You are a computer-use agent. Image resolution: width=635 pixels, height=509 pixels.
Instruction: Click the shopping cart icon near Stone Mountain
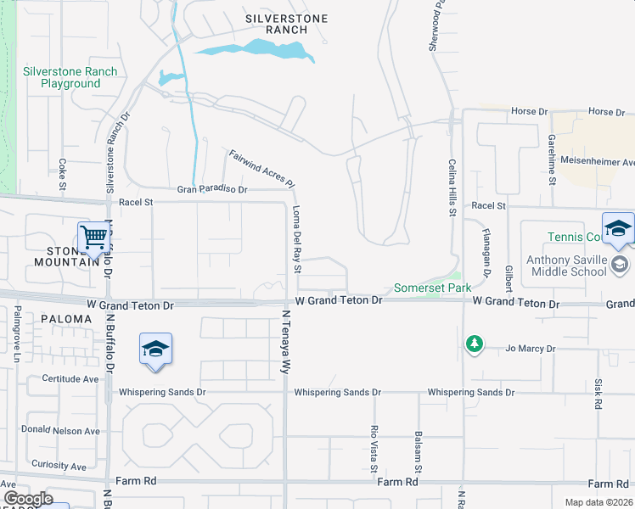point(93,238)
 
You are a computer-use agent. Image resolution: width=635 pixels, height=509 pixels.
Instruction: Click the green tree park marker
point(474,344)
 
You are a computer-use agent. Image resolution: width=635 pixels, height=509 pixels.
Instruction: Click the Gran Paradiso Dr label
point(211,190)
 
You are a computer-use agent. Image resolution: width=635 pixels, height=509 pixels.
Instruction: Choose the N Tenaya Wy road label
point(286,342)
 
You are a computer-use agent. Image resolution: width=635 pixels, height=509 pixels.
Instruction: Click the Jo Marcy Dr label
point(531,349)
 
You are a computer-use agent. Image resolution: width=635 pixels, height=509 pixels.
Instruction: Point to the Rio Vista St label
point(374,448)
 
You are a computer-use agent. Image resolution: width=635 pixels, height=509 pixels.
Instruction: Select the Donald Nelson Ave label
point(59,430)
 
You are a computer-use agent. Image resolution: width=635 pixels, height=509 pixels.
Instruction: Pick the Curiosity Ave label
point(59,466)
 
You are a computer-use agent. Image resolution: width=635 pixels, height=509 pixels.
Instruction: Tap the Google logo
point(28,499)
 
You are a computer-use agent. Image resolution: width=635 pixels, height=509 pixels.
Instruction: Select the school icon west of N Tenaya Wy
point(155,350)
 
